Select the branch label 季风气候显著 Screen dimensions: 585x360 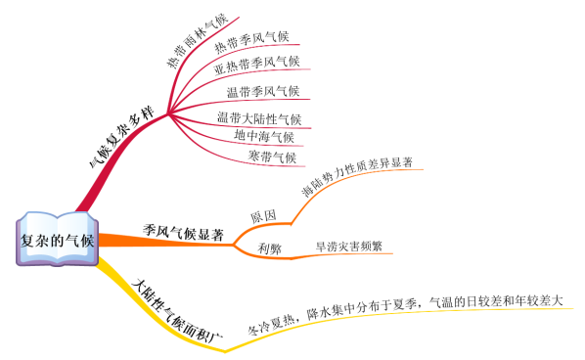[184, 233]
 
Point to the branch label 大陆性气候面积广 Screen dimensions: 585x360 [176, 309]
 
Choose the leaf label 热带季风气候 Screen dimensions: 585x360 [252, 41]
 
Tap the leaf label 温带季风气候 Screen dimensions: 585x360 [263, 93]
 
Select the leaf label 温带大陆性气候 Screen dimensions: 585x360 [259, 119]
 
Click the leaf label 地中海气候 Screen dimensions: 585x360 [264, 137]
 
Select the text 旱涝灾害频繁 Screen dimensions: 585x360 [348, 247]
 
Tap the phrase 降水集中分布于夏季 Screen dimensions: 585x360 [362, 311]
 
